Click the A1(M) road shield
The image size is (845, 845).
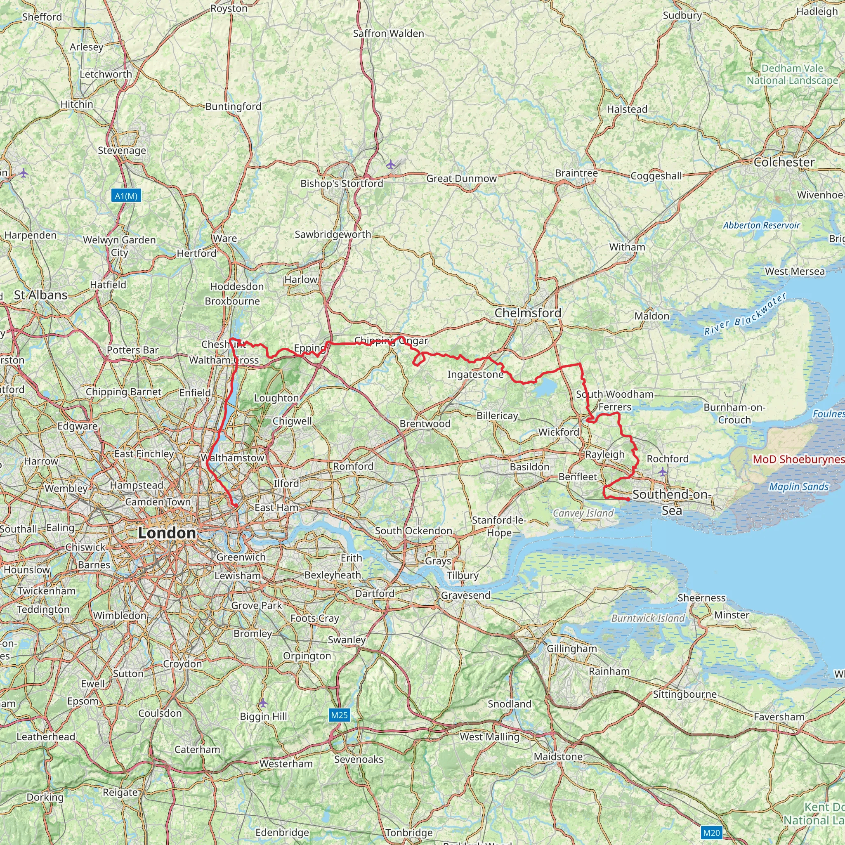tap(126, 196)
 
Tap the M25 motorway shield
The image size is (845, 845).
tap(339, 715)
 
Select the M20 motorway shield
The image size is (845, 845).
tap(711, 832)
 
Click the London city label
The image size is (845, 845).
tap(167, 533)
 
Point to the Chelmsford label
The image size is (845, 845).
tap(528, 313)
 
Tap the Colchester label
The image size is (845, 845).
tap(784, 162)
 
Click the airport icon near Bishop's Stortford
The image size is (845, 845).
tap(391, 165)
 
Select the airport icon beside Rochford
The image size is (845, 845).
tap(663, 472)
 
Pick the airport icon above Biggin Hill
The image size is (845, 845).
tap(262, 703)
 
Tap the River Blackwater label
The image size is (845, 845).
tap(745, 314)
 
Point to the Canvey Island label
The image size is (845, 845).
tap(583, 513)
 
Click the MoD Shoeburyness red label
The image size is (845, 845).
tap(798, 459)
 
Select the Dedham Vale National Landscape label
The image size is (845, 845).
tap(792, 74)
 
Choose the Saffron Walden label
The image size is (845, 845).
tap(388, 34)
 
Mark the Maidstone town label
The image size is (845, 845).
tap(558, 757)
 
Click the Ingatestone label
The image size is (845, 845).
tap(475, 374)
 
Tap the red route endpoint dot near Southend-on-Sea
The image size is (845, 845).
tap(628, 499)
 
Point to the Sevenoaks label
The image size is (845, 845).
tap(359, 759)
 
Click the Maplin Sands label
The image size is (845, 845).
tap(799, 487)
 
